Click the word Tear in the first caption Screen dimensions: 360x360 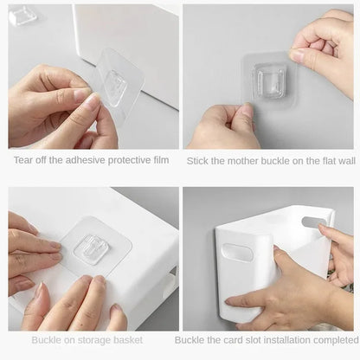pos(22,160)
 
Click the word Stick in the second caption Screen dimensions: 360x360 pos(198,160)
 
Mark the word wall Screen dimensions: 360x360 pos(344,160)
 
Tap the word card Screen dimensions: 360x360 pos(241,341)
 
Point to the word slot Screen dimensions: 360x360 pos(262,341)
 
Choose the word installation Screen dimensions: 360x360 pos(298,341)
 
